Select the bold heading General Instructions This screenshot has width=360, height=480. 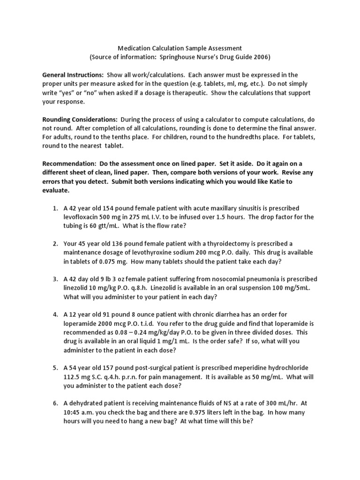point(73,75)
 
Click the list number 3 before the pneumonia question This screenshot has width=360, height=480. point(55,279)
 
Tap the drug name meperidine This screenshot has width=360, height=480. point(250,368)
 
